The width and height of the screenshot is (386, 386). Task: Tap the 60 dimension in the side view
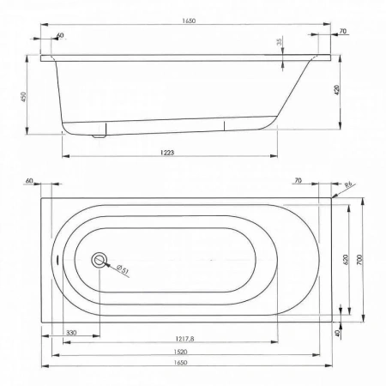tap(59, 35)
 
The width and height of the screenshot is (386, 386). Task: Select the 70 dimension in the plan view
tap(298, 182)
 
